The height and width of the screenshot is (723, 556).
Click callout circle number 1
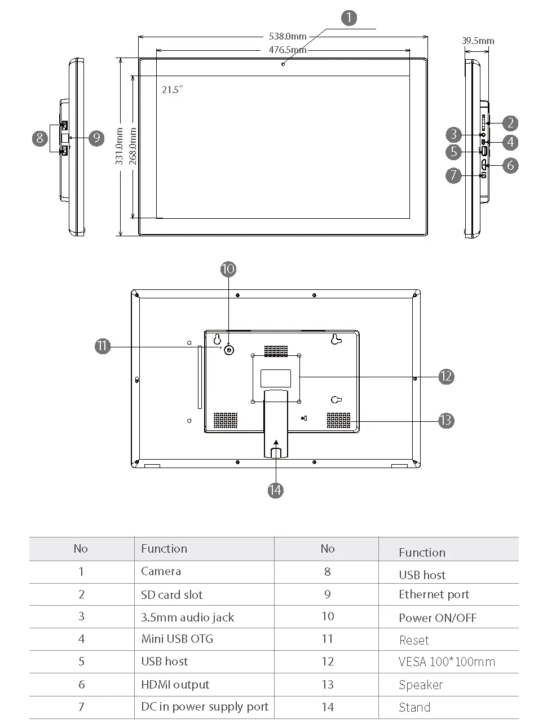[x=349, y=18]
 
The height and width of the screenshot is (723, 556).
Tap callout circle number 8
[x=39, y=138]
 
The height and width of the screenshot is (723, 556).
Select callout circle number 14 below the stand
[x=275, y=490]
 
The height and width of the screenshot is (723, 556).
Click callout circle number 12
[x=446, y=376]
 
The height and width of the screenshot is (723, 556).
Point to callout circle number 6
[x=510, y=165]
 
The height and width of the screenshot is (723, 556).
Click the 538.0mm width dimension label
[x=288, y=37]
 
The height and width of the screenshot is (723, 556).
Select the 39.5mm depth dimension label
[x=478, y=41]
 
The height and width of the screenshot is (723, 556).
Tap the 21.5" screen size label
[x=173, y=90]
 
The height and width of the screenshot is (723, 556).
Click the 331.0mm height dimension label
[x=120, y=146]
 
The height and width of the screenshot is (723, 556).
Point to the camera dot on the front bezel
[x=283, y=63]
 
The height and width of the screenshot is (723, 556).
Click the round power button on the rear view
[x=229, y=350]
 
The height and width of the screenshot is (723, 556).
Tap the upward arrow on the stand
[x=275, y=443]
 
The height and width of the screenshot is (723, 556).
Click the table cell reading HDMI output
[x=175, y=685]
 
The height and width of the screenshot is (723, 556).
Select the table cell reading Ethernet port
[x=434, y=594]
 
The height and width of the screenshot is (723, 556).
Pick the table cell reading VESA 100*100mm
[x=447, y=662]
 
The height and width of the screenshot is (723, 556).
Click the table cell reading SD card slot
[x=171, y=595]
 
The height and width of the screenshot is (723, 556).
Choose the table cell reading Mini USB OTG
[x=177, y=639]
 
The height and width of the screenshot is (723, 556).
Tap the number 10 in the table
[x=328, y=616]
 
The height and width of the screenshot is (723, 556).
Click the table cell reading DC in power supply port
[x=204, y=707]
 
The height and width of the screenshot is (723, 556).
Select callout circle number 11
[x=102, y=346]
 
